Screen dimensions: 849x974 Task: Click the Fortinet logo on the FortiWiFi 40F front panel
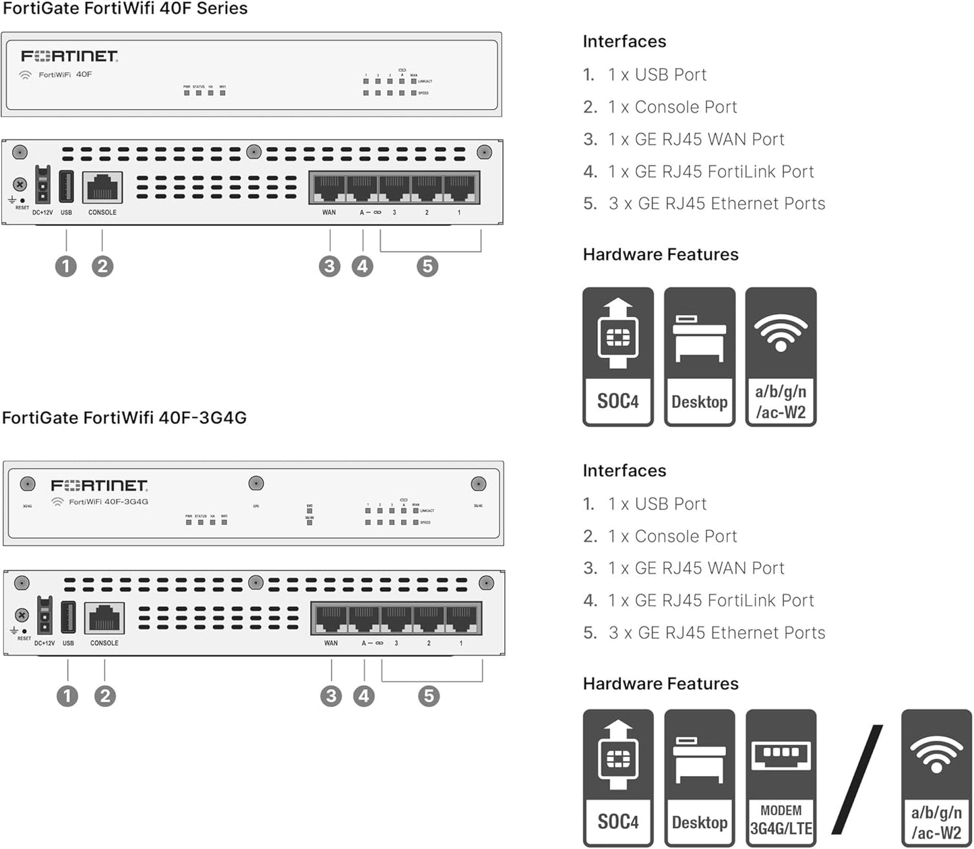(x=69, y=56)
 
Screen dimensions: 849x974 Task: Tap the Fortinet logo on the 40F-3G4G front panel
(x=99, y=486)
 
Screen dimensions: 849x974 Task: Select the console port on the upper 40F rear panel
(x=102, y=187)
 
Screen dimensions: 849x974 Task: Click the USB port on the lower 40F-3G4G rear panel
(x=68, y=617)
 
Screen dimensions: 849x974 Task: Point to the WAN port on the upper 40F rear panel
(x=328, y=188)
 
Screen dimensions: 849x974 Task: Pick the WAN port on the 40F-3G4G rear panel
(x=330, y=619)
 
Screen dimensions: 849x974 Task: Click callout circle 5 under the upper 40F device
(x=427, y=266)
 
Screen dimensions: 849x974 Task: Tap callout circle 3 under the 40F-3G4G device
(x=331, y=696)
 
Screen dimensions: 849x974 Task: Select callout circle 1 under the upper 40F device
(x=66, y=266)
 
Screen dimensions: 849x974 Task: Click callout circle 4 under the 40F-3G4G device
(x=364, y=696)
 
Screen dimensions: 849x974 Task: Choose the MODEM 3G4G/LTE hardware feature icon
(x=781, y=778)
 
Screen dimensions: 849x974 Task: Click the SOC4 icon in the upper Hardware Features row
(x=617, y=357)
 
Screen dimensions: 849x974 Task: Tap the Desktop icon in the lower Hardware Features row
(x=699, y=778)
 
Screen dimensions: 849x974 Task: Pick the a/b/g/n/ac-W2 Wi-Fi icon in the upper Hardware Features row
(x=781, y=357)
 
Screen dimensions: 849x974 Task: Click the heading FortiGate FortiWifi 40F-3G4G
(x=125, y=418)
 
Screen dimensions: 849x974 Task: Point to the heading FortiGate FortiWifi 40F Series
(x=125, y=9)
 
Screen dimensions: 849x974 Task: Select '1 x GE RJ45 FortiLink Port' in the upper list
(x=710, y=172)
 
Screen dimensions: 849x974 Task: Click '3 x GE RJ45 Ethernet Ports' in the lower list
(x=717, y=633)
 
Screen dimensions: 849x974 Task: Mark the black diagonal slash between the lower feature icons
(x=857, y=779)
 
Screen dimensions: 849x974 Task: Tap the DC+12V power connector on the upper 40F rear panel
(x=42, y=185)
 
